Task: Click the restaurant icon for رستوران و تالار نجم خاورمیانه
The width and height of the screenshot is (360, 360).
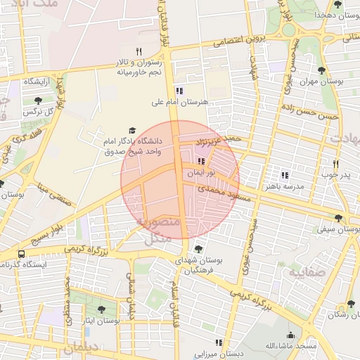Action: [x=139, y=51]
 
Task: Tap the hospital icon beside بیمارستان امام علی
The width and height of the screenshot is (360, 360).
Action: [x=179, y=91]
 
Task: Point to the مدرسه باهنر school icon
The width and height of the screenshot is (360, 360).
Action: [x=285, y=175]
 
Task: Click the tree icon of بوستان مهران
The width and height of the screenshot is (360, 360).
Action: [x=321, y=70]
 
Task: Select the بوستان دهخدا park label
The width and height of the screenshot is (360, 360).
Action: [x=333, y=15]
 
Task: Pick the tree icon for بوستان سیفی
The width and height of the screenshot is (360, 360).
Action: [x=339, y=218]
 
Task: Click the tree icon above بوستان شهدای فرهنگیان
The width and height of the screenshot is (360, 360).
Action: [x=199, y=248]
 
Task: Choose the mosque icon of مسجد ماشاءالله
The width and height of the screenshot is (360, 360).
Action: [x=290, y=335]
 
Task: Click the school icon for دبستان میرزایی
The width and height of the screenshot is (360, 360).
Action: [x=218, y=342]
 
